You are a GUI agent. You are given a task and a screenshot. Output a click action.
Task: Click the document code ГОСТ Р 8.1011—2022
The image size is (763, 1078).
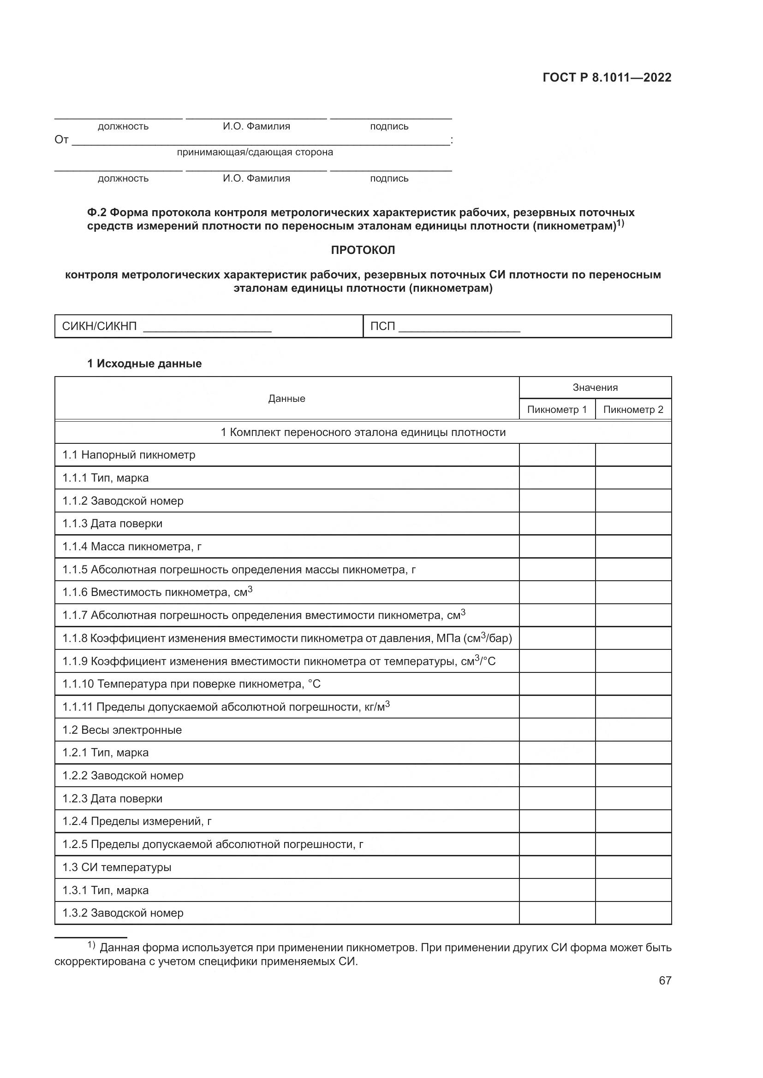pos(607,77)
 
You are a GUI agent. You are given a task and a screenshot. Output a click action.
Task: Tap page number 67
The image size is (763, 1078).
pos(665,980)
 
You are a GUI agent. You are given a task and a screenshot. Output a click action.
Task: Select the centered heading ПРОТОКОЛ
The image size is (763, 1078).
pos(363,250)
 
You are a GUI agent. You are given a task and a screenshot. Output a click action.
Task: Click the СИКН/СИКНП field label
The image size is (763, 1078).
pos(99,326)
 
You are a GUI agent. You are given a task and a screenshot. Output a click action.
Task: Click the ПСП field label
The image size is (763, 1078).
pos(382,326)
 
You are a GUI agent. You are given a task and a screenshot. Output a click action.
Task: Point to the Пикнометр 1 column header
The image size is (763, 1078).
pos(557,409)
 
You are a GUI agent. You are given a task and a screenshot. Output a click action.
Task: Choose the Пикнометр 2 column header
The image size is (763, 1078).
pos(633,409)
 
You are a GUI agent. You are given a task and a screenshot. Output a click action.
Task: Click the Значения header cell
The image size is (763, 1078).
pos(595,387)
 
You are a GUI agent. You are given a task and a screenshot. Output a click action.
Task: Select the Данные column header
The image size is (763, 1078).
pos(286,399)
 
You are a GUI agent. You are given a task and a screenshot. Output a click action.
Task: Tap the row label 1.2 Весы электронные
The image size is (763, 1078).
pos(122,730)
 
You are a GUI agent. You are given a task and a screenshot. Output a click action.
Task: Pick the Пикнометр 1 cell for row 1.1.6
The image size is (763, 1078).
pos(557,593)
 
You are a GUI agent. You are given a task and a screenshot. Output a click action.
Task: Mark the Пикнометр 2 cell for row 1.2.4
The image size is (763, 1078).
pos(633,822)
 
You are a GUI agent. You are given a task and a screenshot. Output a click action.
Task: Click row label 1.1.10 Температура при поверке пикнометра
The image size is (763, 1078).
pos(191,684)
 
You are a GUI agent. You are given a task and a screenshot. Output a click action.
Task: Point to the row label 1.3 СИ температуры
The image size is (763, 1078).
pos(117,867)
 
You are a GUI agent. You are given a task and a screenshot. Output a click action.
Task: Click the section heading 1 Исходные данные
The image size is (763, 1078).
pos(144,363)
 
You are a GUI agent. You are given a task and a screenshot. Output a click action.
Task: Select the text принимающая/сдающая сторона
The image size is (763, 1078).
pos(255,152)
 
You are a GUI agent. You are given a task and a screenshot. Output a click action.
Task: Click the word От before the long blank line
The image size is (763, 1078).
pos(61,140)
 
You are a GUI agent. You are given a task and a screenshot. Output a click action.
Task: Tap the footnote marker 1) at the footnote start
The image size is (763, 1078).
pos(91,945)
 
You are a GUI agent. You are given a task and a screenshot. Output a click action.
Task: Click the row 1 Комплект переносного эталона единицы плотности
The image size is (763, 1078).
pos(363,432)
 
